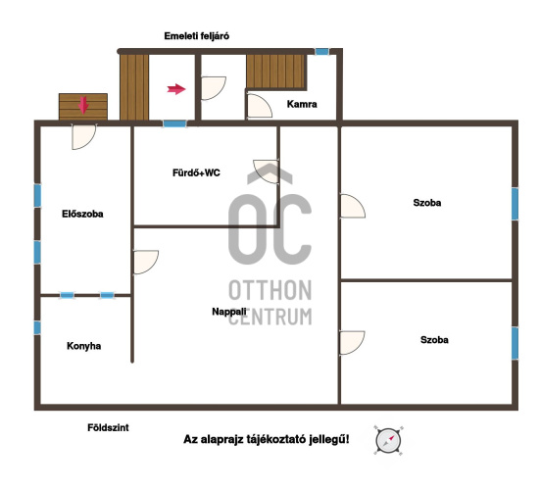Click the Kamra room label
pos(302,104)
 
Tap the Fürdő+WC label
pos(196,172)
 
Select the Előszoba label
pos(82,214)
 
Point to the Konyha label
pos(83,346)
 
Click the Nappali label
pos(229,312)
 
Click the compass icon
pos(388,441)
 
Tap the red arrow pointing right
pos(176,89)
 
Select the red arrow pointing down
pos(83,106)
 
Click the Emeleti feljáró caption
pos(197,36)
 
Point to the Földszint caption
pos(108,427)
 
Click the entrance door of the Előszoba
pos(83,136)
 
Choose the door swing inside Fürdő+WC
pos(267,171)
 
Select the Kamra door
pos(260,107)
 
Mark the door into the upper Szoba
pos(352,206)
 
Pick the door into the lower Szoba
pos(352,343)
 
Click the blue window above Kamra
pos(322,52)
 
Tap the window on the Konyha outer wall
pos(37,328)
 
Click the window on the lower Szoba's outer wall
pos(515,343)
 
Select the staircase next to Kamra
pos(276,72)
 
